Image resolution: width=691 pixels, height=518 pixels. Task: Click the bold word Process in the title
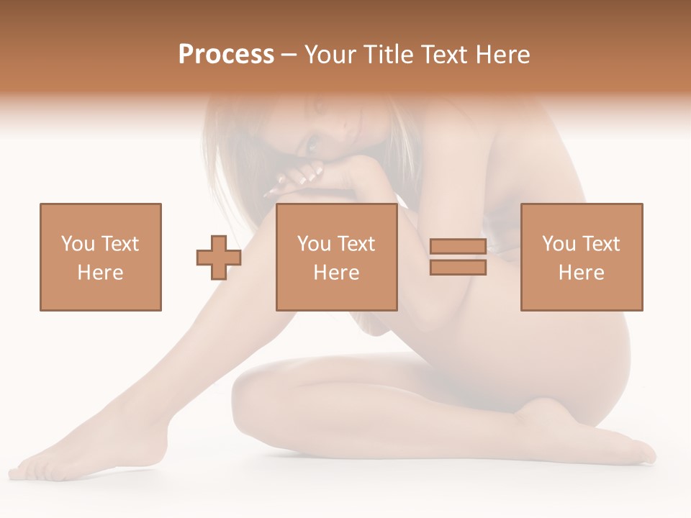[x=226, y=55]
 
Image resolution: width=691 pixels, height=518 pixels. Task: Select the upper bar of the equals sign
[x=458, y=246]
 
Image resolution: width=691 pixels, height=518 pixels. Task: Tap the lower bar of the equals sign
[x=458, y=268]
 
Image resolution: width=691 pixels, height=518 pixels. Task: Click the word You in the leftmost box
[x=77, y=244]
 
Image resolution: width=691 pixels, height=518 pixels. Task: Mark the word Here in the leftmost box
[x=100, y=273]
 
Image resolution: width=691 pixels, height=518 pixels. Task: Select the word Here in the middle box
[x=337, y=273]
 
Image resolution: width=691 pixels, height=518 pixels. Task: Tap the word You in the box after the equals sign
[x=559, y=244]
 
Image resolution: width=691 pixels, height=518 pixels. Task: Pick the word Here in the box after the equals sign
[x=582, y=273]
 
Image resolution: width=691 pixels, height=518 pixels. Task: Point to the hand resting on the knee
[x=295, y=180]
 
